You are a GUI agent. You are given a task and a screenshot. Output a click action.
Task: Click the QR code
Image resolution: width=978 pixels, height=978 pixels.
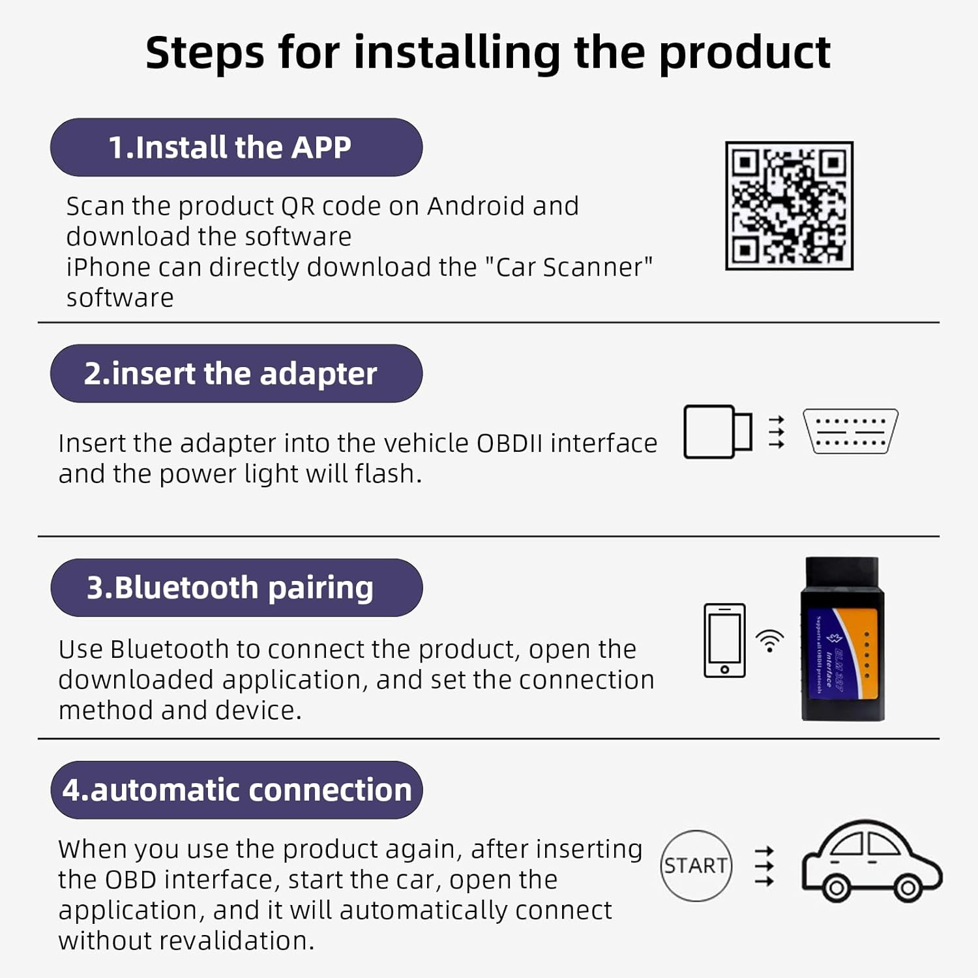pos(789,205)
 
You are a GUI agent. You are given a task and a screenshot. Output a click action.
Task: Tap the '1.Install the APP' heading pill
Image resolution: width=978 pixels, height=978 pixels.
pos(236,147)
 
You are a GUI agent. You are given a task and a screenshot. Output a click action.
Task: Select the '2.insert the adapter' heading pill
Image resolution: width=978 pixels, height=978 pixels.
pos(236,374)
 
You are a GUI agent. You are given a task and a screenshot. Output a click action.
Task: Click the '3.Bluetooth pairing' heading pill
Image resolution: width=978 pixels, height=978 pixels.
pos(236,587)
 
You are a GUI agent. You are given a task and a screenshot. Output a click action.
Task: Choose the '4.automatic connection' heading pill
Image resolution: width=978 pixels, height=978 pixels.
pos(236,790)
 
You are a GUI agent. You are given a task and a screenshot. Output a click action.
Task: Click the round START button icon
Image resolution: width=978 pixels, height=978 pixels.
pos(696,866)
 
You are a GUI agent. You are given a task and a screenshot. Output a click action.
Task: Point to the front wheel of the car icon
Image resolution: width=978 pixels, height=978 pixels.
pos(907,887)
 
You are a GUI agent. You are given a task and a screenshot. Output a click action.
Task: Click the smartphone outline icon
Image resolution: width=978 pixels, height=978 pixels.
pos(724,640)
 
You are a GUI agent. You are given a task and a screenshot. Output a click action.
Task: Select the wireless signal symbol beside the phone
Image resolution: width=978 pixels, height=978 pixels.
pos(770,642)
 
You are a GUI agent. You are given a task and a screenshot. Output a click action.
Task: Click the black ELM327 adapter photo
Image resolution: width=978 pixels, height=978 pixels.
pos(842,639)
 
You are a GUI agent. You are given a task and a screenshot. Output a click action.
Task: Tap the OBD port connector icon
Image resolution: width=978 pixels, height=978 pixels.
pos(850,432)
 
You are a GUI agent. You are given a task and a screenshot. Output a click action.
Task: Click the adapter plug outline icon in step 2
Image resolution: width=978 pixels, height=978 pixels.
pos(717,432)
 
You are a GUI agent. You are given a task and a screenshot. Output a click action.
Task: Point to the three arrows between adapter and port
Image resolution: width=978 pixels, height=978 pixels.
pos(776,432)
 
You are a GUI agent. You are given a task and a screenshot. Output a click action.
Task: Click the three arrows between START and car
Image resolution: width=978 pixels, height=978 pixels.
pos(764,867)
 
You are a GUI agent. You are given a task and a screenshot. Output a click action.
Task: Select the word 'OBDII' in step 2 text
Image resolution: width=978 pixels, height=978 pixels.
pos(509,443)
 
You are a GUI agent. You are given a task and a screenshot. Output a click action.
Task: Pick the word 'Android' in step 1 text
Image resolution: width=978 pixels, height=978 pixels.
pos(476,206)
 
